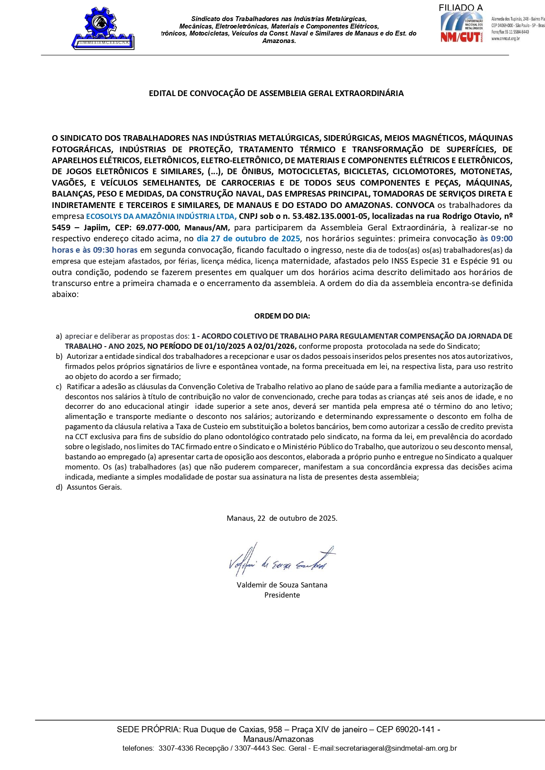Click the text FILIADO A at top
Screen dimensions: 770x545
(x=460, y=7)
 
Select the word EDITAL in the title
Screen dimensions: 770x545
(x=161, y=93)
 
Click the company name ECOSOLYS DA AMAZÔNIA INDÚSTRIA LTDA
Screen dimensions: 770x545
(x=161, y=216)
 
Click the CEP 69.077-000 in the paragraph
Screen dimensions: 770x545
(x=158, y=228)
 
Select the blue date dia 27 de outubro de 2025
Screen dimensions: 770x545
(x=248, y=239)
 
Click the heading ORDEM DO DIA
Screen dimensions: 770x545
(x=282, y=316)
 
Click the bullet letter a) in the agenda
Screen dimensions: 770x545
(x=59, y=336)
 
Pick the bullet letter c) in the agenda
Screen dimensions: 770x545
(x=59, y=387)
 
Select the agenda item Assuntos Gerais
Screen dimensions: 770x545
(x=94, y=487)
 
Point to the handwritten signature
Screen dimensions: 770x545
(x=281, y=561)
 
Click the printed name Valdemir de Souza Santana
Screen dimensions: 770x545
(x=282, y=585)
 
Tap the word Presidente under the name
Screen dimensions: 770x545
(x=282, y=595)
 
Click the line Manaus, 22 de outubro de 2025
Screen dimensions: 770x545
(x=282, y=518)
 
